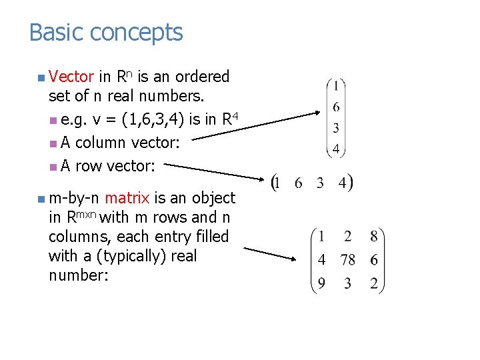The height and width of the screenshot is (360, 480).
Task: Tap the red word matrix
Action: pos(127,198)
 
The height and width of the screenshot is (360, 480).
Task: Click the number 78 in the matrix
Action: pos(347,260)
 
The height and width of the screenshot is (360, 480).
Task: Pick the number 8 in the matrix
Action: pos(374,236)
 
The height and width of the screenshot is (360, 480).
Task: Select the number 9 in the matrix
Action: pos(321,284)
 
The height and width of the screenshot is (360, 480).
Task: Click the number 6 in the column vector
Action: pos(336,107)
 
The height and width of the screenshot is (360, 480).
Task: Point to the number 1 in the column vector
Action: pos(336,86)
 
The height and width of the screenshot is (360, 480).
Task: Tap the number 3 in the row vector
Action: pos(321,183)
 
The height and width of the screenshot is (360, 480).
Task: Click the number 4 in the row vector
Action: pos(342,183)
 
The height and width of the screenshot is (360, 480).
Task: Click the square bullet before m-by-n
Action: pos(41,199)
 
